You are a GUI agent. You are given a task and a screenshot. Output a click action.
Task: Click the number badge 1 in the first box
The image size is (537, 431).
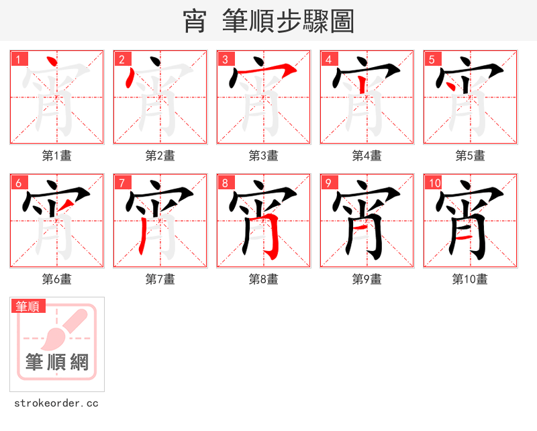click(18, 59)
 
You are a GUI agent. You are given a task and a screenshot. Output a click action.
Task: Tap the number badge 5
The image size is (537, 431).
click(432, 59)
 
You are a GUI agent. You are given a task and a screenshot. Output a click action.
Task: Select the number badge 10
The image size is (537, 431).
click(434, 183)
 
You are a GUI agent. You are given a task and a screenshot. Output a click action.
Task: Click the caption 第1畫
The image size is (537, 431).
click(57, 156)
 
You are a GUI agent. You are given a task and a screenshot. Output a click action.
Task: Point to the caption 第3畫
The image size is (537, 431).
click(264, 156)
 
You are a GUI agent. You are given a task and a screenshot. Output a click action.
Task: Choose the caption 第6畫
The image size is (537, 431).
click(57, 279)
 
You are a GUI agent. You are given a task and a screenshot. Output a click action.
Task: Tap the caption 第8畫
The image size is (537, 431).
click(264, 279)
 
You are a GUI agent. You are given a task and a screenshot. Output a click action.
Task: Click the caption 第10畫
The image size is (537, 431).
click(470, 279)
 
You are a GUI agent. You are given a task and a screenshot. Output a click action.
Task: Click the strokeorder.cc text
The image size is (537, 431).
click(56, 403)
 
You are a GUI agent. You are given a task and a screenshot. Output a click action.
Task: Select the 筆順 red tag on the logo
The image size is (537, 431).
click(28, 306)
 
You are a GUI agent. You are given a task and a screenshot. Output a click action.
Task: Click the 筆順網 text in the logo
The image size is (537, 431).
click(57, 363)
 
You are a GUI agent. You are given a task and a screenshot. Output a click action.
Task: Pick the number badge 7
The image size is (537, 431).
click(121, 183)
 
